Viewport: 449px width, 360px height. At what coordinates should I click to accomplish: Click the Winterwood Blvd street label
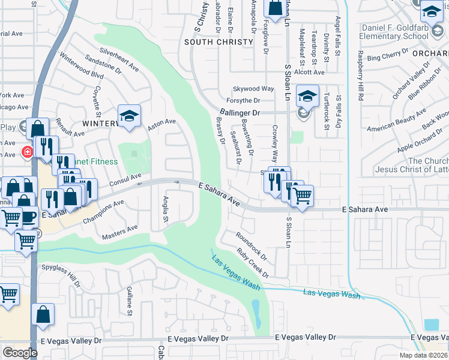[82, 66]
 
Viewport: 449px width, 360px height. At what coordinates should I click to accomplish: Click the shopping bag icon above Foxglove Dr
[275, 9]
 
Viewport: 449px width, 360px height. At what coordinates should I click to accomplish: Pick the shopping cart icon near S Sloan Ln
[302, 196]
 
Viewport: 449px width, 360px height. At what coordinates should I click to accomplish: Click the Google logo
[20, 352]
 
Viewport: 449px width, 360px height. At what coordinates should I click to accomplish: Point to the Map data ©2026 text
[423, 355]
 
